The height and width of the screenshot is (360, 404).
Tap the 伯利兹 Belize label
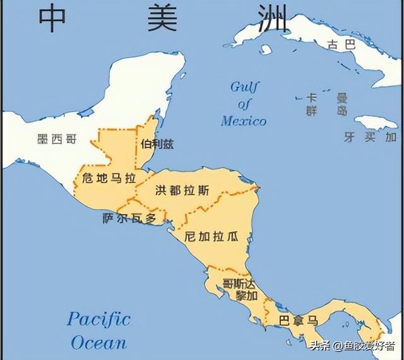point(157,144)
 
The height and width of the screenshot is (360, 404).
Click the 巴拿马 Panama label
point(299,320)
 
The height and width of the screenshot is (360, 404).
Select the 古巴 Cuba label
point(342,45)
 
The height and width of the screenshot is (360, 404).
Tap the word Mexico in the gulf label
point(244,121)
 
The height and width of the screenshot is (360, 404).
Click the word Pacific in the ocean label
point(98,318)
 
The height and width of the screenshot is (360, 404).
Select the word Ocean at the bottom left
point(98,342)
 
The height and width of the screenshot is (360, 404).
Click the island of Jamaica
point(375,121)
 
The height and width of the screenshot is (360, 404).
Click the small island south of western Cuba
point(266,49)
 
